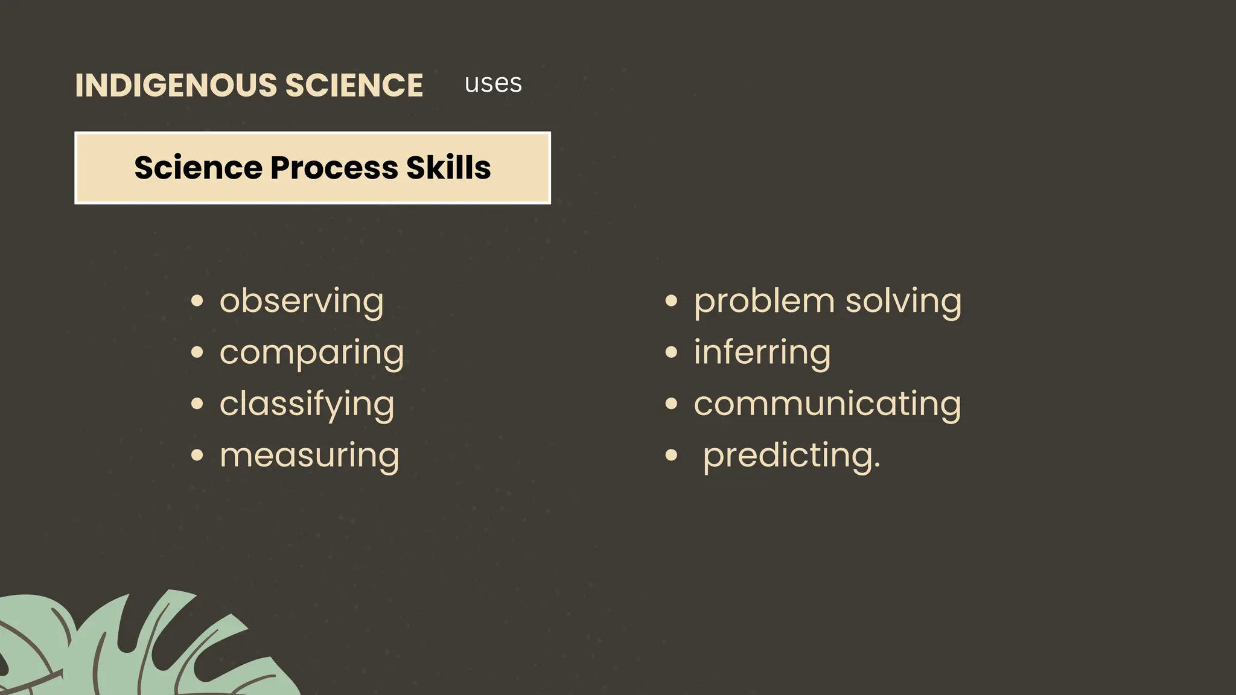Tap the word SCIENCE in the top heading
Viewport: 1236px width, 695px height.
click(354, 85)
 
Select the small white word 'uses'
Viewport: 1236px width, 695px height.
click(493, 83)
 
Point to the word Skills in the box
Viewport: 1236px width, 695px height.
click(448, 167)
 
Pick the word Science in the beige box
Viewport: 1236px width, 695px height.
click(198, 167)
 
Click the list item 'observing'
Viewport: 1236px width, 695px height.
click(301, 301)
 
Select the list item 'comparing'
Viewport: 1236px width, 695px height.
click(311, 352)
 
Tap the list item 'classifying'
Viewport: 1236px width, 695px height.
click(307, 404)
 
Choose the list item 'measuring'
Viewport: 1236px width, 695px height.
click(309, 455)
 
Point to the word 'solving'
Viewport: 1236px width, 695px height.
click(903, 301)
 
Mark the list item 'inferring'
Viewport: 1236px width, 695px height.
click(762, 352)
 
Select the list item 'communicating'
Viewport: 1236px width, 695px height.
click(827, 404)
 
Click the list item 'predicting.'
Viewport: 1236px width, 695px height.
click(791, 455)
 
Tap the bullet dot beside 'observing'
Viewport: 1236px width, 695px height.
click(197, 300)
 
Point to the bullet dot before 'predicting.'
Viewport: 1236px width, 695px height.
click(671, 455)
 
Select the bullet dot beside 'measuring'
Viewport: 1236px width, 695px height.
click(197, 455)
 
